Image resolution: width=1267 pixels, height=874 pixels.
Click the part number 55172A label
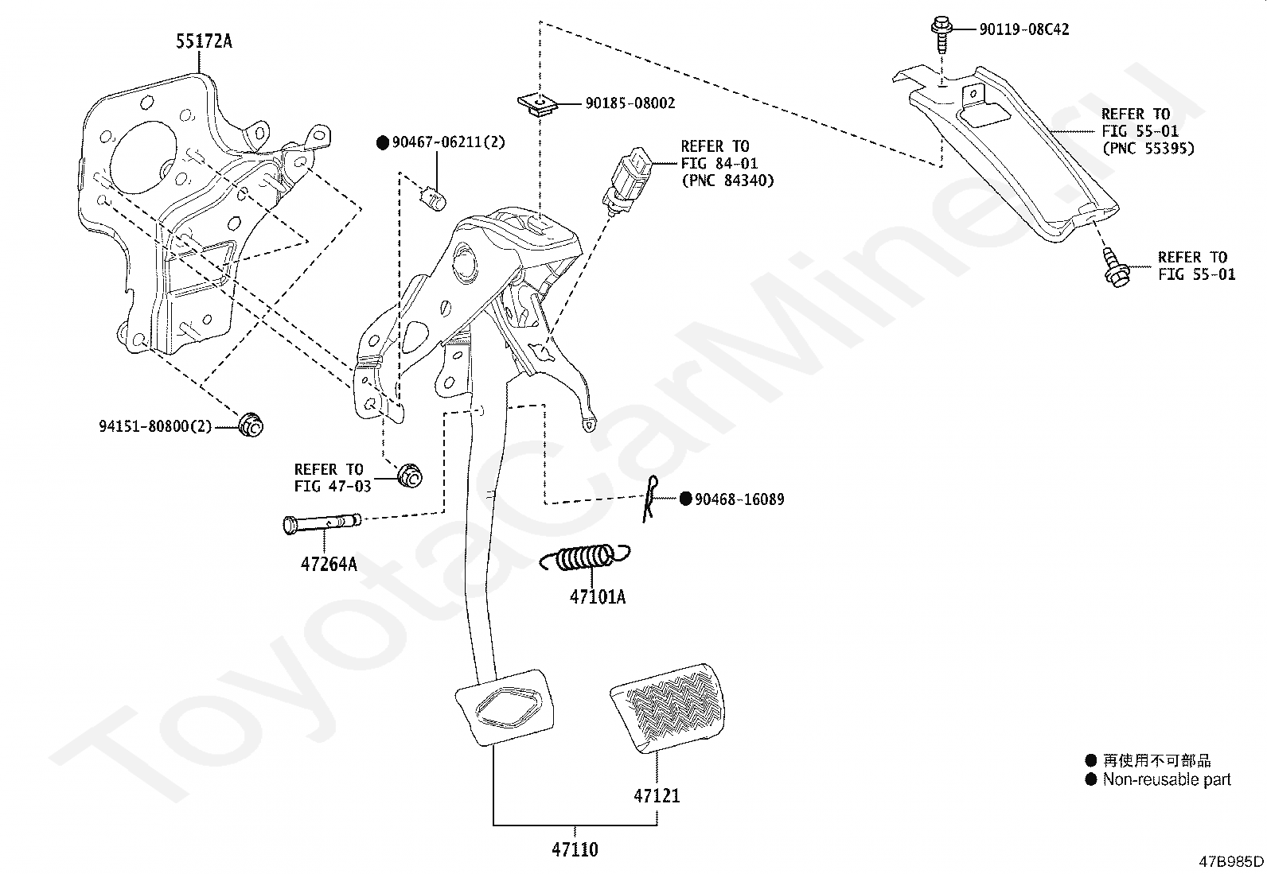(x=204, y=41)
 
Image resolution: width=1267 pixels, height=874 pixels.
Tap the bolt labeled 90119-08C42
(x=941, y=34)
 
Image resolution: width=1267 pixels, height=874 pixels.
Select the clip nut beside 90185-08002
(x=537, y=106)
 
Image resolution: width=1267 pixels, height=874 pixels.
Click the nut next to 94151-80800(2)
(x=251, y=425)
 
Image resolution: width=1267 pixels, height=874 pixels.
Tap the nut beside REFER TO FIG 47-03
(x=410, y=476)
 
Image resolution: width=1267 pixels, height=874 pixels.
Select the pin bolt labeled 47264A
(x=322, y=523)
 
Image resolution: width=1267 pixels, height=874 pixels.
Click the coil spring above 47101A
(x=586, y=557)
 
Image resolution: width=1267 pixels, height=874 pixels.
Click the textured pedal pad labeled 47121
(x=668, y=708)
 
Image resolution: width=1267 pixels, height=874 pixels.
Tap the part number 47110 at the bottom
(x=575, y=849)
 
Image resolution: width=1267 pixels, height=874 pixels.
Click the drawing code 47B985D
(x=1231, y=861)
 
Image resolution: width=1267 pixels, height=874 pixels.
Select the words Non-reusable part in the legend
(x=1166, y=779)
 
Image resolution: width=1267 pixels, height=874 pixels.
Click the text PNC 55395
(x=1148, y=149)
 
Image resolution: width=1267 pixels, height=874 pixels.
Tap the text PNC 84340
(x=727, y=181)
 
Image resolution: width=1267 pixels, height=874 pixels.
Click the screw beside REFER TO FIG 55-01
(x=1115, y=267)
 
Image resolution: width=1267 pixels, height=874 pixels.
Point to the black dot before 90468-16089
(x=685, y=499)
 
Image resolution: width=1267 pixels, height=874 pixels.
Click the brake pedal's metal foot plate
(x=505, y=707)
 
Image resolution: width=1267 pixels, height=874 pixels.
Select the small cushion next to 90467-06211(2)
(x=435, y=199)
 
